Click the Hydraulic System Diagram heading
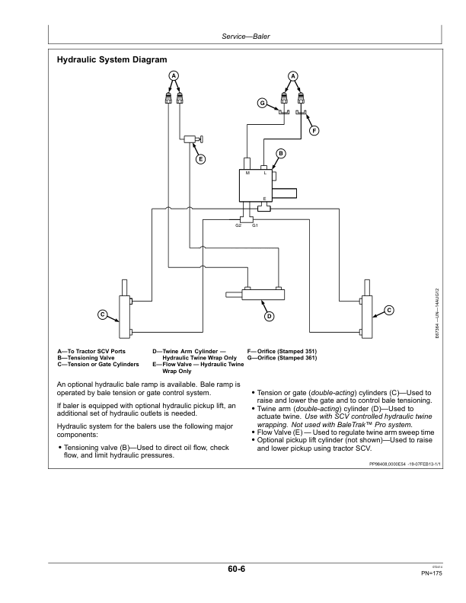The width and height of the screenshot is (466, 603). pyautogui.click(x=112, y=59)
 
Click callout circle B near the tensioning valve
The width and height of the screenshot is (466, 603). pyautogui.click(x=281, y=154)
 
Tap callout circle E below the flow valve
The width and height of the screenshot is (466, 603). pyautogui.click(x=201, y=159)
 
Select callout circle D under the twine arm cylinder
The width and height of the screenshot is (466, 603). pyautogui.click(x=270, y=317)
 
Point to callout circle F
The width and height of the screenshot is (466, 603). pyautogui.click(x=314, y=131)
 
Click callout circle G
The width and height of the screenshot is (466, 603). pyautogui.click(x=262, y=103)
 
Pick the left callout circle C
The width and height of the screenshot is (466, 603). pyautogui.click(x=102, y=314)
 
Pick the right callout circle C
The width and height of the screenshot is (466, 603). pyautogui.click(x=389, y=310)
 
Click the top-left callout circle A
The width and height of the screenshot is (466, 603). pyautogui.click(x=174, y=76)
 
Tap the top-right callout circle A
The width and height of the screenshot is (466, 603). pyautogui.click(x=293, y=76)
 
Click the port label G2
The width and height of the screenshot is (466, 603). pyautogui.click(x=238, y=225)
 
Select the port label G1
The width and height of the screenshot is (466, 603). pyautogui.click(x=255, y=225)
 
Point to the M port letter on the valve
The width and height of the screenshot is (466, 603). pyautogui.click(x=247, y=173)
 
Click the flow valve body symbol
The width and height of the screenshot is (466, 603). pyautogui.click(x=190, y=139)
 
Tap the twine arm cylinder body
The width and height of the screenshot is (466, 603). pyautogui.click(x=263, y=295)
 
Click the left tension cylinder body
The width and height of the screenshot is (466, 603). pyautogui.click(x=125, y=317)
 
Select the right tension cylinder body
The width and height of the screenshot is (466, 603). pyautogui.click(x=367, y=317)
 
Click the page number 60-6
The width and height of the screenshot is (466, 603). pyautogui.click(x=237, y=569)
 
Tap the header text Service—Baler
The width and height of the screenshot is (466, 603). pyautogui.click(x=246, y=37)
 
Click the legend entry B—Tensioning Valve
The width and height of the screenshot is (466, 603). pyautogui.click(x=86, y=358)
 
